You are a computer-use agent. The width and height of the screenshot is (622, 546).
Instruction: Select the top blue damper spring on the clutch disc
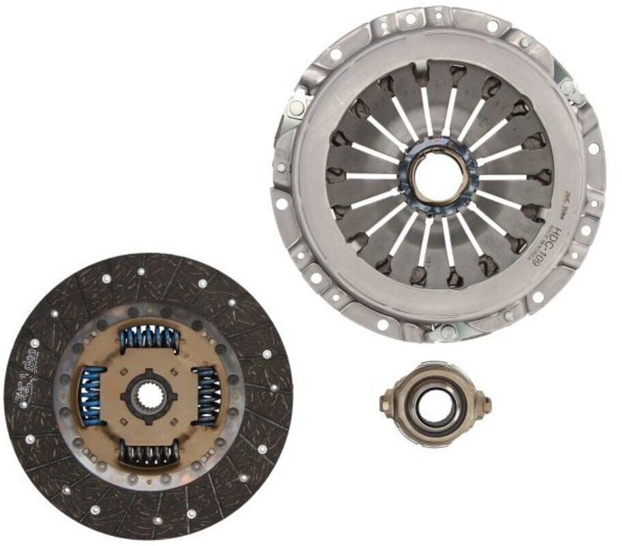150,336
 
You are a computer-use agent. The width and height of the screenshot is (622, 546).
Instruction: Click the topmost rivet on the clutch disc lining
140,272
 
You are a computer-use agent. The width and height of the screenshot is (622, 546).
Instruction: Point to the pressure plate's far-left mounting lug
281,202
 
